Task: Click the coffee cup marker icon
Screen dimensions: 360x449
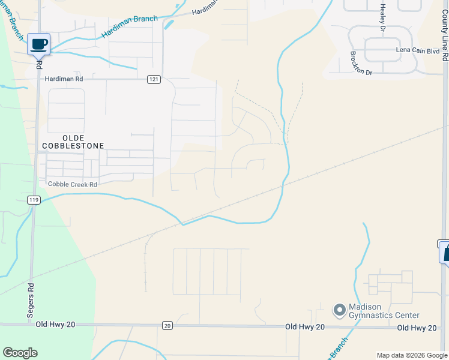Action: coord(39,44)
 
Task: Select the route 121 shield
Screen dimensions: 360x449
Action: coord(154,79)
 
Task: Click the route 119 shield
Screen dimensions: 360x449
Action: coord(34,199)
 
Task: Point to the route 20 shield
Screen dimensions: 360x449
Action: coord(167,325)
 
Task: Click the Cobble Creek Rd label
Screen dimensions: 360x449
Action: coord(72,184)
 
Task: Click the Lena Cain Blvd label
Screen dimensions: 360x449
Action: coord(418,51)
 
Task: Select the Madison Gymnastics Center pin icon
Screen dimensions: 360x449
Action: coord(340,310)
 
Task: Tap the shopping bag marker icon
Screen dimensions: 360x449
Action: coord(445,251)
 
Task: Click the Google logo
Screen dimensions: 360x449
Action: coord(20,353)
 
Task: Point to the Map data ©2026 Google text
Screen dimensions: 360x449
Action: coord(412,355)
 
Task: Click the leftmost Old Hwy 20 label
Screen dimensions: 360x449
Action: coord(55,325)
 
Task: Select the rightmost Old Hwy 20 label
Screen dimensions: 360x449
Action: coord(416,328)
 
